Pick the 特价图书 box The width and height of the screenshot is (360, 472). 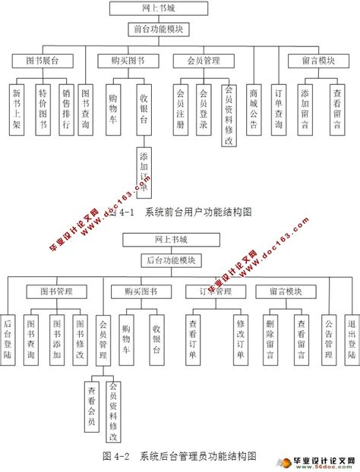coord(43,108)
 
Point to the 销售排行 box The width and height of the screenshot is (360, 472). coord(65,108)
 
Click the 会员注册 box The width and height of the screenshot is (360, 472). coord(181,108)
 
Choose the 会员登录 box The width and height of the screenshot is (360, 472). coord(203,108)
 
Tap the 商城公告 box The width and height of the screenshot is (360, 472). coord(254,108)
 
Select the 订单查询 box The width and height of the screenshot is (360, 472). coord(279,108)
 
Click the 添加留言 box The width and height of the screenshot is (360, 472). coord(305,108)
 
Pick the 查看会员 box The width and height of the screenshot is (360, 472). coord(91,405)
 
